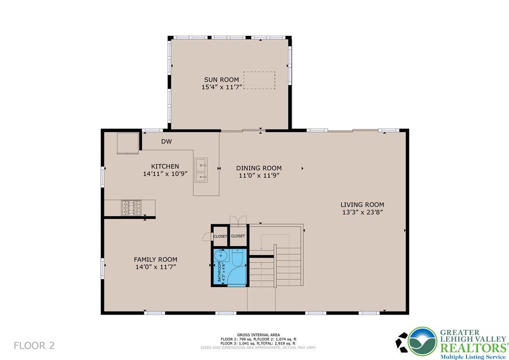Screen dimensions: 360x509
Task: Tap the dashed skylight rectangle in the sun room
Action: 259,80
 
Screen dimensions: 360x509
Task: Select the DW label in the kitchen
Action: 167,142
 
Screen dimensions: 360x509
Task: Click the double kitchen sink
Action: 201,171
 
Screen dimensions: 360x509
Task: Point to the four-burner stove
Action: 131,208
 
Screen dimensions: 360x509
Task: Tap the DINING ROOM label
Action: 258,168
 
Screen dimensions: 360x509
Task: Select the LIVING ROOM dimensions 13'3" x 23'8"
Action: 362,212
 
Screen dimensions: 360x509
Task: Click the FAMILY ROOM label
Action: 156,259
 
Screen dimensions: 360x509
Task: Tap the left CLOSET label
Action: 220,236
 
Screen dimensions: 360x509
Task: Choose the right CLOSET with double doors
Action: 238,236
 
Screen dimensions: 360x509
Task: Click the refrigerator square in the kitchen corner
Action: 128,143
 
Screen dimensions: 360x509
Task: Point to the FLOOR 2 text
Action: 34,346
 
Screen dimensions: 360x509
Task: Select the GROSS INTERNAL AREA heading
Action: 258,334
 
